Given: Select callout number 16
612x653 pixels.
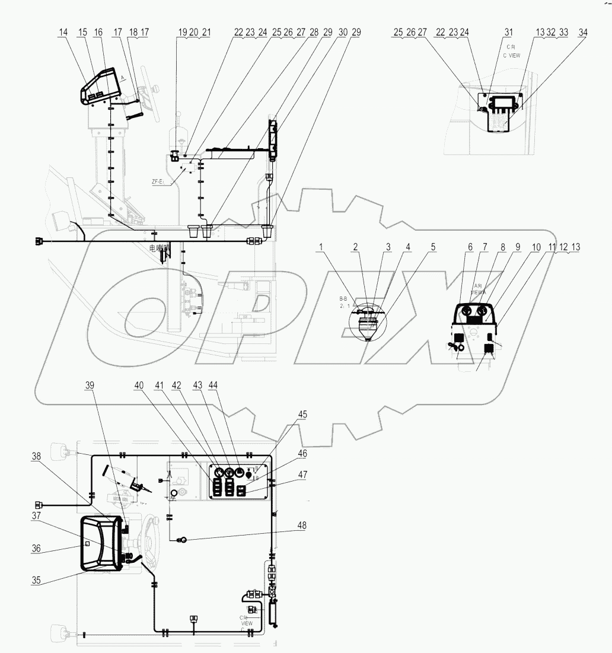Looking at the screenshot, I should [x=98, y=34].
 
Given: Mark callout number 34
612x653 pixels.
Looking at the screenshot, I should [x=583, y=34].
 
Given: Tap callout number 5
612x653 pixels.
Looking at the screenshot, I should [x=432, y=246].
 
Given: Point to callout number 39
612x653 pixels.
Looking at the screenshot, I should [x=90, y=385].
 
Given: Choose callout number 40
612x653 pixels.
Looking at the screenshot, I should [x=139, y=385].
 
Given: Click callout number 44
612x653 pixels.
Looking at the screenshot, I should [x=213, y=385].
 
